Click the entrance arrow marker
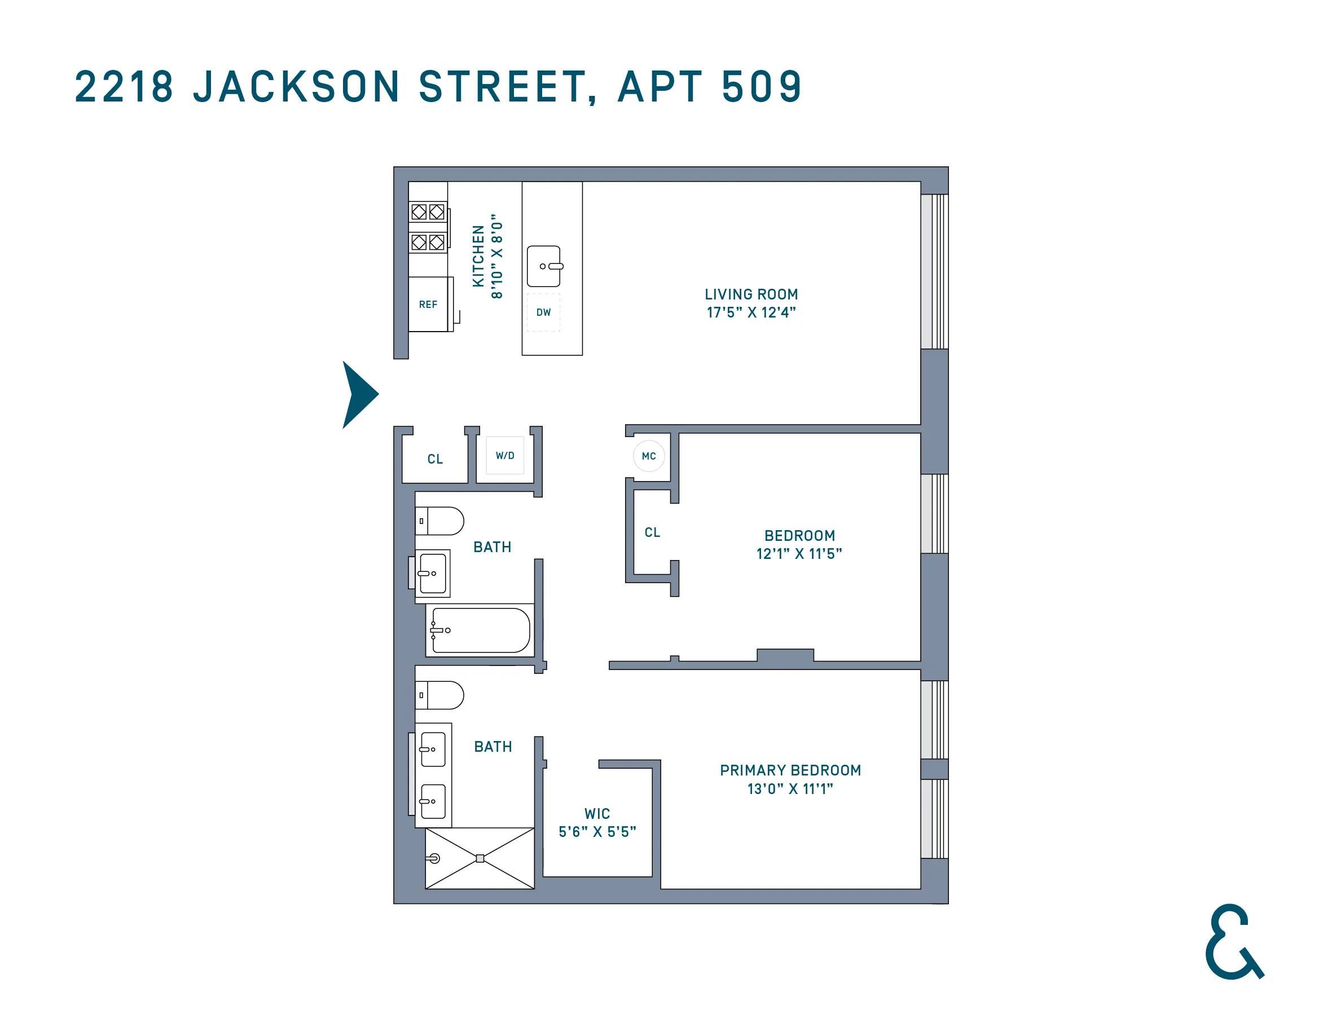pyautogui.click(x=359, y=394)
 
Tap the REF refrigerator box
pyautogui.click(x=428, y=305)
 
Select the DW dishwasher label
pyautogui.click(x=543, y=312)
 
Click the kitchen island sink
pyautogui.click(x=544, y=266)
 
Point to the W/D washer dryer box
pyautogui.click(x=505, y=455)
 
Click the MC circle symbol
pyautogui.click(x=649, y=456)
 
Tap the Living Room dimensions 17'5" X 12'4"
pyautogui.click(x=751, y=312)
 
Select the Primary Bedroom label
pyautogui.click(x=790, y=770)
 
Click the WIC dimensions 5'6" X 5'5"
pyautogui.click(x=597, y=832)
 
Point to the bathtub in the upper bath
pyautogui.click(x=480, y=631)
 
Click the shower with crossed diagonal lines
pyautogui.click(x=480, y=858)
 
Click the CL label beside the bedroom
pyautogui.click(x=652, y=532)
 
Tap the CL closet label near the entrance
pyautogui.click(x=435, y=459)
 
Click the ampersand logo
pyautogui.click(x=1233, y=942)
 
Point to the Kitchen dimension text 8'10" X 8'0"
pyautogui.click(x=496, y=256)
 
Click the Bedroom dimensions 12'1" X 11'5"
pyautogui.click(x=799, y=554)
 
